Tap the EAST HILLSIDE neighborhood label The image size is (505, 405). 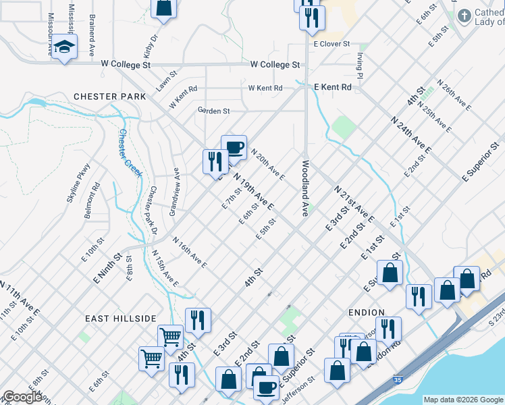[x=121, y=318]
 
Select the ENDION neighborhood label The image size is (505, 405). [x=367, y=313]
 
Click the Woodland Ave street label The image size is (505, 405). [x=306, y=188]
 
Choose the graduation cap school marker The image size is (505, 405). [x=65, y=47]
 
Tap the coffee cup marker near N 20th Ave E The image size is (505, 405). [x=234, y=147]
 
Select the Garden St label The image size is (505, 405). [x=213, y=111]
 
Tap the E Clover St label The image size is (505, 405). [x=331, y=44]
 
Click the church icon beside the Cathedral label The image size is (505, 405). [x=464, y=15]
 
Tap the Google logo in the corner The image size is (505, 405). [x=23, y=397]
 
